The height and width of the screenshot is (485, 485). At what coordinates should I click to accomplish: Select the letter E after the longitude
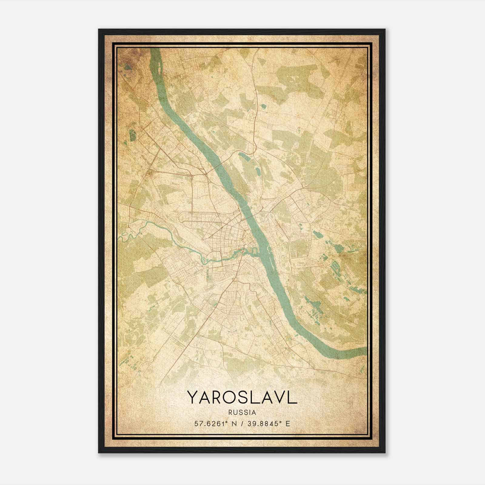(288, 423)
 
